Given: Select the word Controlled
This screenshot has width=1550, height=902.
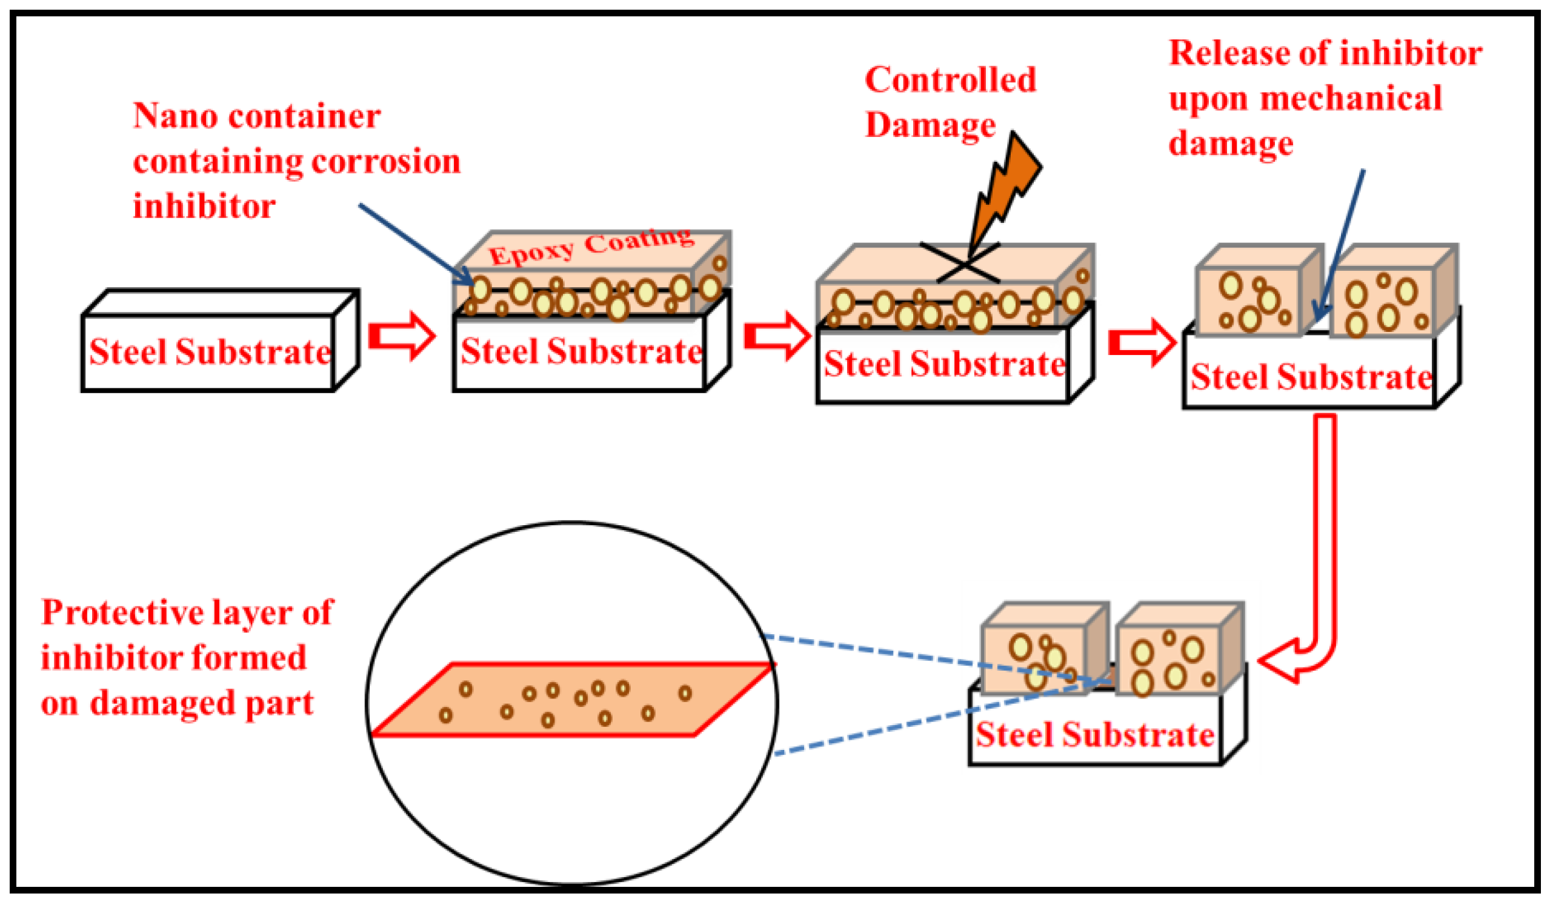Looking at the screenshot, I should click(x=950, y=80).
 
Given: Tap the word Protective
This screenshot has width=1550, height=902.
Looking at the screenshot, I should click(x=122, y=612).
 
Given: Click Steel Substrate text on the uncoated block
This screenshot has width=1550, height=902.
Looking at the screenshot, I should click(x=210, y=353).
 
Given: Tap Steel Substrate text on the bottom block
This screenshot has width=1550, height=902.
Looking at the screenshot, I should click(x=1095, y=735).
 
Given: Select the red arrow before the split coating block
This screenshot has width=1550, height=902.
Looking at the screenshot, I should click(x=1142, y=343).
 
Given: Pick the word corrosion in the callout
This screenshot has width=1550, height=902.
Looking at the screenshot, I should click(x=385, y=162).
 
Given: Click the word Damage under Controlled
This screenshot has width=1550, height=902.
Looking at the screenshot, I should click(x=930, y=125).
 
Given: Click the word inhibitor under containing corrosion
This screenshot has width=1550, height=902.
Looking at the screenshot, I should click(x=204, y=207).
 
